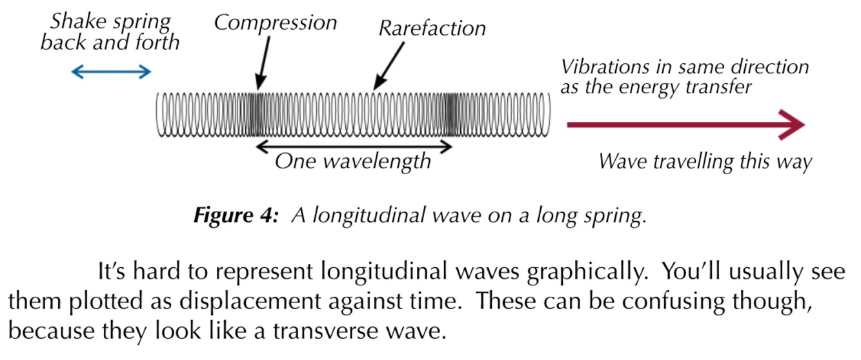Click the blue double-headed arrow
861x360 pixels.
coord(110,72)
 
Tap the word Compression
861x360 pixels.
coord(276,23)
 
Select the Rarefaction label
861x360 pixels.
coord(432,28)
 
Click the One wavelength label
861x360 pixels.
coord(352,161)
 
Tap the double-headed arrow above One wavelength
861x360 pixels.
coord(354,146)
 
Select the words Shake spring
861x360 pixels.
coord(111,21)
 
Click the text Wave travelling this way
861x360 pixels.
coord(704,161)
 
